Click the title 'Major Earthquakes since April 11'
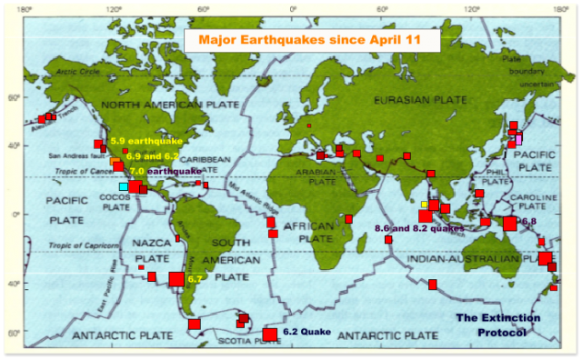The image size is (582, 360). pos(312,41)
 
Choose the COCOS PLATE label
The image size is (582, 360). pos(116,201)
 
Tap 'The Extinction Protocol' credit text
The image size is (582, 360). pos(497,325)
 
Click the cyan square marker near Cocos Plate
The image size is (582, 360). pos(124,187)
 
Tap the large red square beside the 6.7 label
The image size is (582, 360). pos(177,279)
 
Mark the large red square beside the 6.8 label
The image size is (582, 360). pos(510,224)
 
